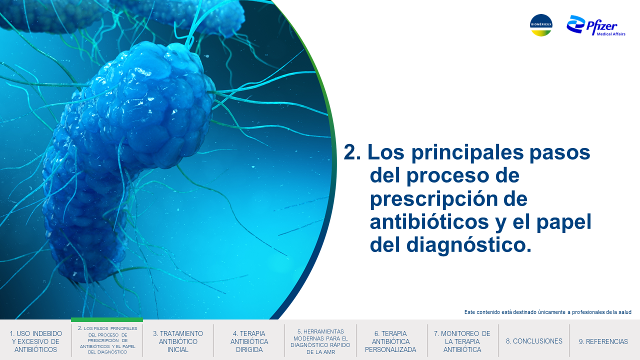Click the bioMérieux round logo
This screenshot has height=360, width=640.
[541, 25]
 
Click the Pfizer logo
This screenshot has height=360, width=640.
[595, 25]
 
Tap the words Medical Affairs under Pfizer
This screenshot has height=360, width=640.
[611, 34]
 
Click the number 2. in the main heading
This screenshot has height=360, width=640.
[352, 152]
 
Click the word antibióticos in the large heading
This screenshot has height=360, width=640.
[429, 221]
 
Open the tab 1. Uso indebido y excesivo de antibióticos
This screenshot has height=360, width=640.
[35, 341]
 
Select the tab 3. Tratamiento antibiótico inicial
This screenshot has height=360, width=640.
[178, 341]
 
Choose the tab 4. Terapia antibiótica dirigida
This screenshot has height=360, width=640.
[249, 341]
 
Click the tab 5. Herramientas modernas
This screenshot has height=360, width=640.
[320, 341]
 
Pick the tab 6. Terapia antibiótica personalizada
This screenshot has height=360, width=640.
[390, 341]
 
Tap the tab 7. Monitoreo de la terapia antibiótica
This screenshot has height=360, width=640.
[462, 341]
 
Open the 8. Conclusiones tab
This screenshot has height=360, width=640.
[534, 341]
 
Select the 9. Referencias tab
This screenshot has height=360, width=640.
[603, 341]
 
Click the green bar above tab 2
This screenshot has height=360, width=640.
[107, 319]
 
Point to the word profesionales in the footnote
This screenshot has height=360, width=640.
[587, 312]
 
